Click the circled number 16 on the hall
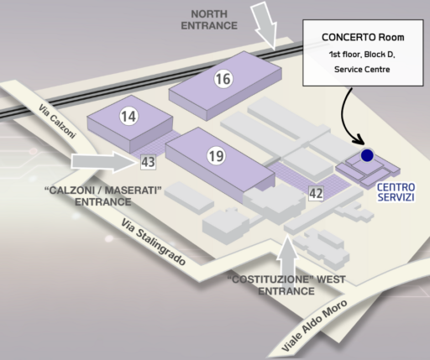coord(223,79)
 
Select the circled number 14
coord(128,116)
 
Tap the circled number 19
coord(217,156)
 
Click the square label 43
coord(148,162)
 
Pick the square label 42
coord(316,193)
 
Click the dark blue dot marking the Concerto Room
coord(367,155)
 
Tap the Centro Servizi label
coord(396,192)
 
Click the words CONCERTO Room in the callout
coord(363,37)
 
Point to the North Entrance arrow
coord(265,25)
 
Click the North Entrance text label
coord(209,20)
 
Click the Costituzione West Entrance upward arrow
coord(287,260)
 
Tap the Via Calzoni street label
coord(57,121)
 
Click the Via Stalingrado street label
coord(154,242)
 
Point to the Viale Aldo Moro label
coord(314,326)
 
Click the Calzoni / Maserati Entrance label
coord(103,196)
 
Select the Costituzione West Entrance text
coord(286,285)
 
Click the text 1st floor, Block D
coord(362,55)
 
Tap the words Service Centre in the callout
coord(362,69)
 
